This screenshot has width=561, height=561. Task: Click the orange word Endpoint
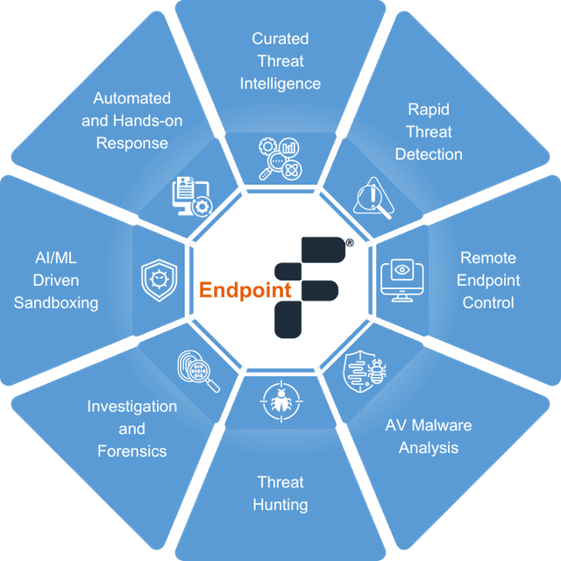point(245,290)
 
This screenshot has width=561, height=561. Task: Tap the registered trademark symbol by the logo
point(350,243)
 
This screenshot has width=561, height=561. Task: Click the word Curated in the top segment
point(280,39)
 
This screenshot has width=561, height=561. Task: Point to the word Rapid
point(429,110)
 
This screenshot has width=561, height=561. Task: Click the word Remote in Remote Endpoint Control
point(488,258)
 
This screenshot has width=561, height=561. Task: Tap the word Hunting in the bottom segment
point(280,505)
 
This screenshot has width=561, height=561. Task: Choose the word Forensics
point(132,451)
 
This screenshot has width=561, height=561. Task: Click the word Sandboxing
point(56,303)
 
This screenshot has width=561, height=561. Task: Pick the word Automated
point(131,98)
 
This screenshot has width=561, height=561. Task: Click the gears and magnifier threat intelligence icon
point(280,159)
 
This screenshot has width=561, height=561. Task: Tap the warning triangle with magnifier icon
point(374,198)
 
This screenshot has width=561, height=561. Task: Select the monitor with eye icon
point(402,280)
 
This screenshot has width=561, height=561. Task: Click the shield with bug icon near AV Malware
point(365,371)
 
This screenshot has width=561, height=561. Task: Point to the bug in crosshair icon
point(281,401)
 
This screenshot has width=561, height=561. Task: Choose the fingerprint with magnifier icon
point(199,371)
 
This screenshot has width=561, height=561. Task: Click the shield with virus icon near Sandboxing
point(160,280)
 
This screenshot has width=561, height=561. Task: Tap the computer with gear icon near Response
point(193,196)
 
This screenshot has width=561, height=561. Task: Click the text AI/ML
point(56,258)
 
